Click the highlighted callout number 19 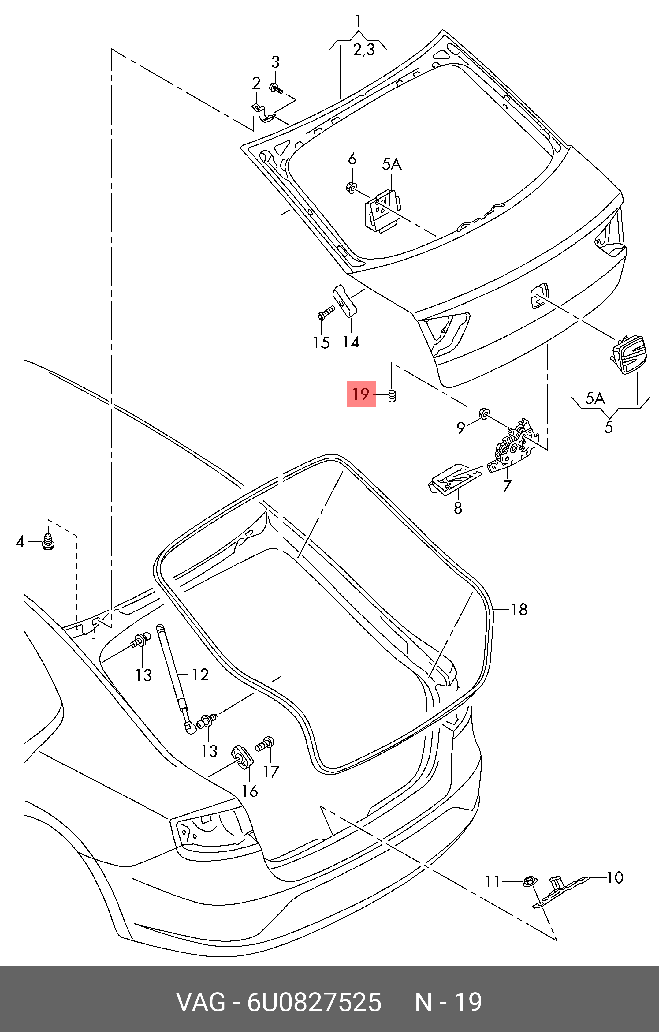click(x=361, y=394)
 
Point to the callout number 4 click(x=20, y=542)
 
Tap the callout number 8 click(x=458, y=508)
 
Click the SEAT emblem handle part click(x=629, y=354)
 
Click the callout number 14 click(x=351, y=342)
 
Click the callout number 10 click(x=615, y=878)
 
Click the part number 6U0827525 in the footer click(x=314, y=1002)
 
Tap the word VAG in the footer click(x=200, y=1002)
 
